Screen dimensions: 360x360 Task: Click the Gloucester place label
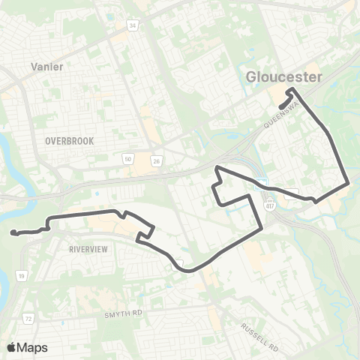pyautogui.click(x=284, y=77)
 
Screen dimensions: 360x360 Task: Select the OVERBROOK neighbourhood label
pyautogui.click(x=67, y=140)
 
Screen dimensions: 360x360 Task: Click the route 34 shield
pyautogui.click(x=133, y=27)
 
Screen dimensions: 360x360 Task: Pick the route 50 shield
pyautogui.click(x=128, y=159)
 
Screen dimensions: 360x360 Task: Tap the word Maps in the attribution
pyautogui.click(x=33, y=347)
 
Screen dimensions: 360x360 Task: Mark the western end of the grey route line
pyautogui.click(x=13, y=233)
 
